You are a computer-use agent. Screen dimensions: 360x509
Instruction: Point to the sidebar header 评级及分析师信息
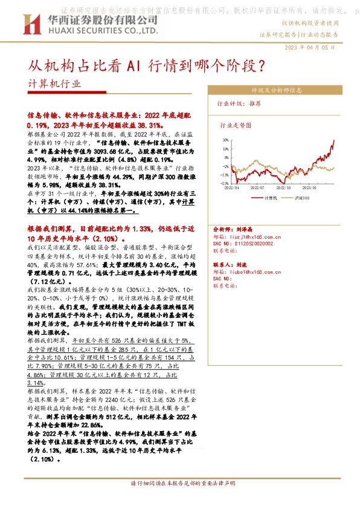click(x=282, y=90)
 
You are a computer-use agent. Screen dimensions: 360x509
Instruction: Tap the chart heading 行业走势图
click(x=236, y=126)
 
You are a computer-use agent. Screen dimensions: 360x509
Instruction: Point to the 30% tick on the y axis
click(x=225, y=139)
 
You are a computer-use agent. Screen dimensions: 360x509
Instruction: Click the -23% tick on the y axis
click(x=224, y=183)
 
